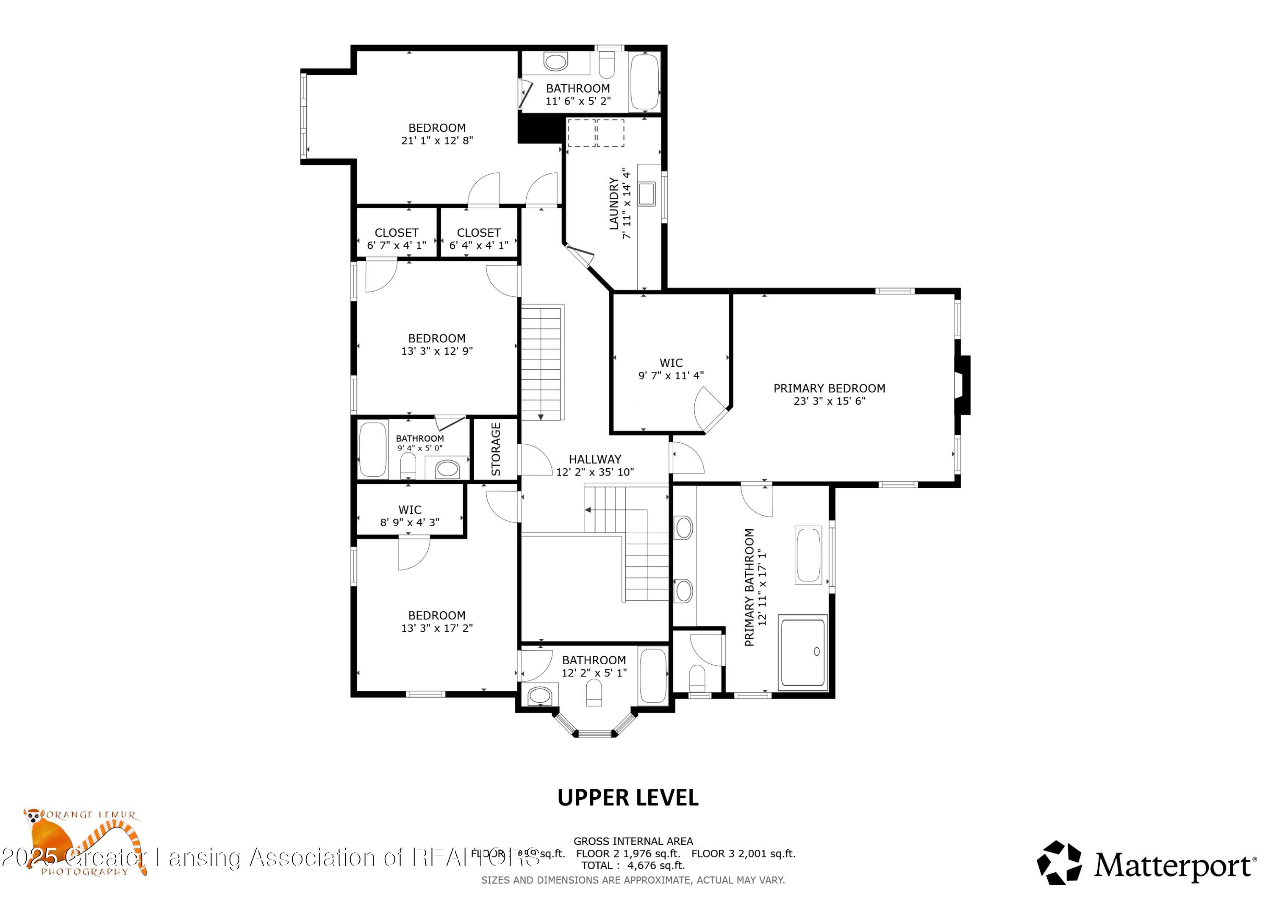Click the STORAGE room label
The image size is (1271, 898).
[x=496, y=449]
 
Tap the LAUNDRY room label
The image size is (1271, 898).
[x=614, y=203]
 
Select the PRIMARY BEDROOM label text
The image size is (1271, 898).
[x=829, y=388]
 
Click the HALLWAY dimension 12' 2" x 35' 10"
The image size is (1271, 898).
[x=595, y=472]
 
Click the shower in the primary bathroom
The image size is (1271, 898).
[x=803, y=652]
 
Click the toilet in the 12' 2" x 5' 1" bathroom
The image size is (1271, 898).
[x=594, y=692]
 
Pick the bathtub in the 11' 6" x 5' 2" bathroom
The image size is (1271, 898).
[x=645, y=82]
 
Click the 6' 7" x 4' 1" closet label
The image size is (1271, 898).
[x=397, y=239]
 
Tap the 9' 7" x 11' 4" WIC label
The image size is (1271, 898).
[x=671, y=369]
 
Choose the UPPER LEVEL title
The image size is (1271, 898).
[x=628, y=798]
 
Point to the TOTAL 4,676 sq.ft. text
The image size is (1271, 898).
[x=633, y=865]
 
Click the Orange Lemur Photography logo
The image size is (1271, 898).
[x=83, y=841]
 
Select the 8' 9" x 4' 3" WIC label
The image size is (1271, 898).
[x=410, y=516]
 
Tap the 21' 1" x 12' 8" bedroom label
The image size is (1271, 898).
[x=437, y=134]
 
